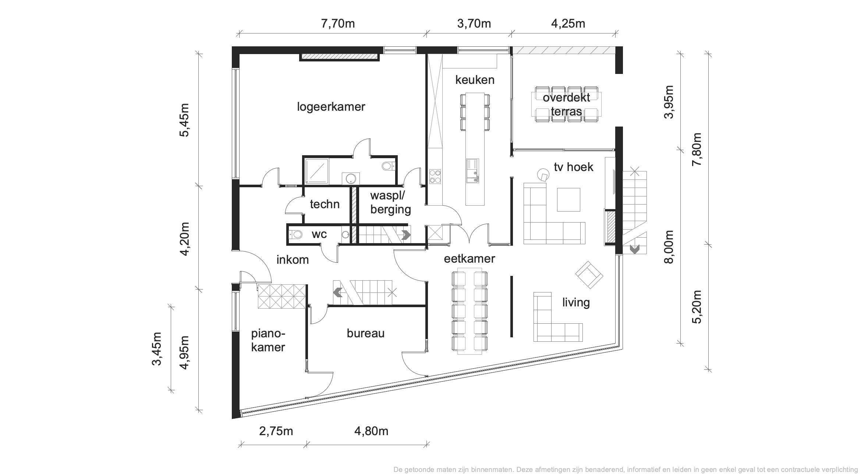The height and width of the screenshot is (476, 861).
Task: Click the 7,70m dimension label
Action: click(x=338, y=24)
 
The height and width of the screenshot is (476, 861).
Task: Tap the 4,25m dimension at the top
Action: click(x=568, y=24)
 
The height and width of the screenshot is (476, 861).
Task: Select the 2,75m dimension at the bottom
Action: click(x=276, y=431)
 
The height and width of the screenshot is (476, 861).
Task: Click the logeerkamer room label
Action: click(x=331, y=107)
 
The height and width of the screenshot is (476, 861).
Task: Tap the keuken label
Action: click(x=475, y=79)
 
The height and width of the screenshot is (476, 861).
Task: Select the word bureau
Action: click(x=365, y=333)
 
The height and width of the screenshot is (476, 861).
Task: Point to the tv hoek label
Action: click(x=574, y=167)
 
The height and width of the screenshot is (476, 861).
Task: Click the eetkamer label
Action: click(x=470, y=259)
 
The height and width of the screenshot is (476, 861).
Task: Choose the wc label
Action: click(x=319, y=234)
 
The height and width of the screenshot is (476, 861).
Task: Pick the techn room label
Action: click(x=325, y=204)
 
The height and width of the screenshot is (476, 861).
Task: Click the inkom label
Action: click(x=293, y=260)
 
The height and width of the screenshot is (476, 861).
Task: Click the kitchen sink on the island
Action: click(x=472, y=170)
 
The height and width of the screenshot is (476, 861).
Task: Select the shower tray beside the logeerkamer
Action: click(x=317, y=171)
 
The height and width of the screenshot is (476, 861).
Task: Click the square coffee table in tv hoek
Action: click(x=568, y=199)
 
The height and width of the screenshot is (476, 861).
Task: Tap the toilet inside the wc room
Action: click(x=295, y=234)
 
